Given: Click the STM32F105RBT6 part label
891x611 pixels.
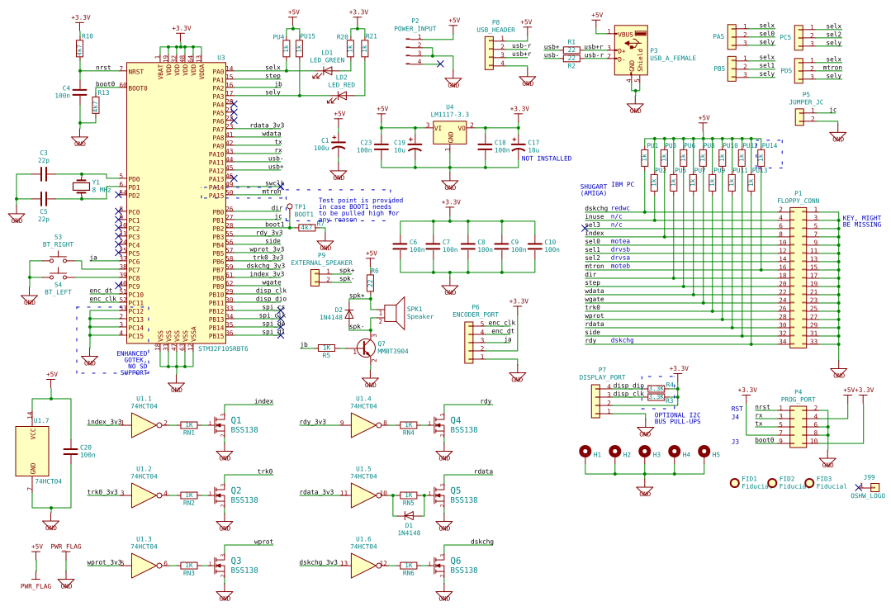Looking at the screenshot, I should (x=223, y=348).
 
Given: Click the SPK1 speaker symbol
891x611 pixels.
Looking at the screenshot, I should (x=391, y=313).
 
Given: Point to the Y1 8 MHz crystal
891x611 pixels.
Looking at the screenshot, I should (x=80, y=187).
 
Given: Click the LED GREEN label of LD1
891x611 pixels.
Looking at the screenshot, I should (x=327, y=60).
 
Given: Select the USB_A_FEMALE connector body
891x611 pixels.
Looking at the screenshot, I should (x=632, y=50).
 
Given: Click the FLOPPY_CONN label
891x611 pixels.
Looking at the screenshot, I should (x=798, y=201).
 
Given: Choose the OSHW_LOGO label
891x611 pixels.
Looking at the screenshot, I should (x=867, y=496).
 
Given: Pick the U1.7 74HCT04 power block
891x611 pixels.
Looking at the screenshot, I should (x=32, y=451).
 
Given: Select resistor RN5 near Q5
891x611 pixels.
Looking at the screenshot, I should (x=408, y=495).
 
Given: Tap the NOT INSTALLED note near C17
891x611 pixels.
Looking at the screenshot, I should (x=546, y=159).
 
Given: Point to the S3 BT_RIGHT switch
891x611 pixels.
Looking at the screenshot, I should (x=58, y=259).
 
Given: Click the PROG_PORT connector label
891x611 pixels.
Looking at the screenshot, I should (x=798, y=400).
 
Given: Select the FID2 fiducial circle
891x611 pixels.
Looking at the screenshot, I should (x=772, y=482).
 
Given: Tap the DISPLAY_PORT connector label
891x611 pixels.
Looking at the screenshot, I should (x=602, y=377).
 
